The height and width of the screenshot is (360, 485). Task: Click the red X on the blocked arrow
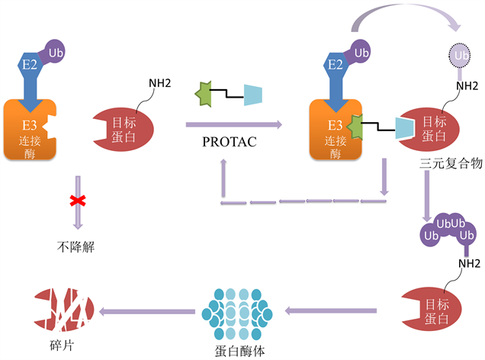coord(77,201)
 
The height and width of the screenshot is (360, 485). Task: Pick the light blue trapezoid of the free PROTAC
coord(253,95)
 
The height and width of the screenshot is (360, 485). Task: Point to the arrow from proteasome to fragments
coord(148,311)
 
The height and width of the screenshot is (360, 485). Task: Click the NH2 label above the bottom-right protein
coord(467,265)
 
